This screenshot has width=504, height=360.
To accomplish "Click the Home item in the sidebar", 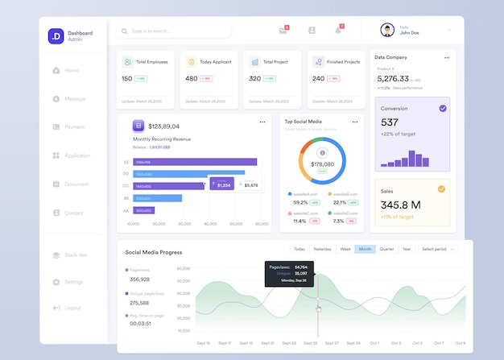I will [71, 71].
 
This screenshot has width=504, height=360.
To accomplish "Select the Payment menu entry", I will [73, 127].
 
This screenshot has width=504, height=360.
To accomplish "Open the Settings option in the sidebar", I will [72, 282].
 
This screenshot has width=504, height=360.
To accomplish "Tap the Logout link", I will [72, 308].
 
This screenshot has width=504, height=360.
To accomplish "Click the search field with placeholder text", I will [173, 31].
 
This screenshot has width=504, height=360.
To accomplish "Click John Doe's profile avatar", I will [387, 30].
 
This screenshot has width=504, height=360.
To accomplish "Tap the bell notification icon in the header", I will [338, 30].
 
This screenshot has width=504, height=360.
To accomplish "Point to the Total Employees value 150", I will [127, 79].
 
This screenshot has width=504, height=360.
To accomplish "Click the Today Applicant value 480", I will [191, 79].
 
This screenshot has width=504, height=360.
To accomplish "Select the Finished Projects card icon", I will [318, 61].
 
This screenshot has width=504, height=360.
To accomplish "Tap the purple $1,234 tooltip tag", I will [221, 184].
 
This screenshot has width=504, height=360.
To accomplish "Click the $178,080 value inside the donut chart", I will [322, 163].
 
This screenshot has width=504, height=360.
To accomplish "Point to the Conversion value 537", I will [390, 122].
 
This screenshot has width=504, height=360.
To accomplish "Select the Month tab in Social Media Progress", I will [365, 250].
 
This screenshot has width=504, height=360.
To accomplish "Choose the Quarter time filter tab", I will [386, 250].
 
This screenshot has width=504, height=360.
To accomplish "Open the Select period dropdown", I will [438, 250].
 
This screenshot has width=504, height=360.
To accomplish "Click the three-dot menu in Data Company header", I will [447, 58].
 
